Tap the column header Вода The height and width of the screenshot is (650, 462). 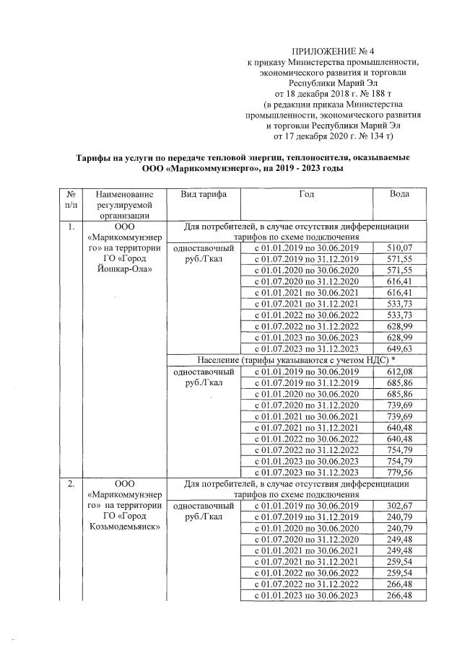click(x=400, y=195)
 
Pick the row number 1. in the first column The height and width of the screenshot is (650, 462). click(x=70, y=227)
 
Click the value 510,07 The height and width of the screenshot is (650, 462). click(x=401, y=247)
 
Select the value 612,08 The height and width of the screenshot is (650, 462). click(x=401, y=371)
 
